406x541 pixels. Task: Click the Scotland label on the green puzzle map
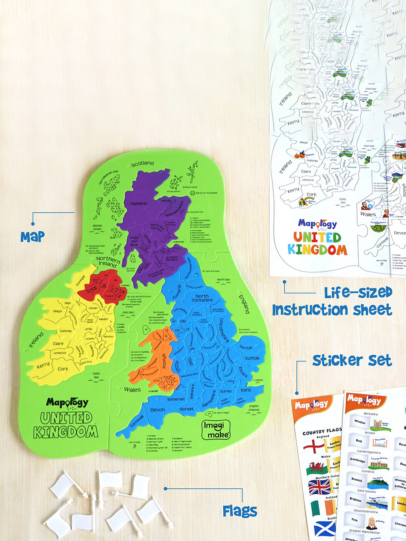pos(142,163)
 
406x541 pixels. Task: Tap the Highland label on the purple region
pos(138,204)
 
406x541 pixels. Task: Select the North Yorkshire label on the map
pos(202,298)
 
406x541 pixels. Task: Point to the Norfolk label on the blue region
pos(246,348)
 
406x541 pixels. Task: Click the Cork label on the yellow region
pos(63,369)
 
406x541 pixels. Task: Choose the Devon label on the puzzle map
pos(158,410)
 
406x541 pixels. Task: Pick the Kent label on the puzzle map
pos(246,390)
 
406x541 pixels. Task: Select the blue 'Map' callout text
pos(33,237)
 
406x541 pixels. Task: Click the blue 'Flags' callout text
pos(240,511)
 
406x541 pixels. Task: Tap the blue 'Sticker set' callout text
pos(352,361)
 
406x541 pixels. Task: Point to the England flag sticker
pos(314,447)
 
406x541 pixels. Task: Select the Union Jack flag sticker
pos(320,487)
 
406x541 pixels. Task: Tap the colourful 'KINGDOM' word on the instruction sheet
pos(318,250)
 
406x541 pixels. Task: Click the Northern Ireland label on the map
pos(108,261)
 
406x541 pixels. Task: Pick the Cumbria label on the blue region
pos(177,292)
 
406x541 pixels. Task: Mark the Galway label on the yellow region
pos(65,331)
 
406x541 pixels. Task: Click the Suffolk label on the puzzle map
pos(252,358)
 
